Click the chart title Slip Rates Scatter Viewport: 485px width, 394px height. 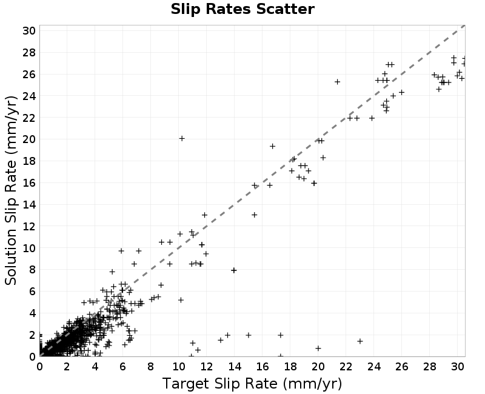pyautogui.click(x=242, y=9)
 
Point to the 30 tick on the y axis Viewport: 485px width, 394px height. pyautogui.click(x=28, y=31)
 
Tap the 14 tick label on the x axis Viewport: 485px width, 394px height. pyautogui.click(x=235, y=367)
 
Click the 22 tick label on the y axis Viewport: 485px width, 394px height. pyautogui.click(x=28, y=118)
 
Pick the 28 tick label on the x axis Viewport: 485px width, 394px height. pyautogui.click(x=430, y=367)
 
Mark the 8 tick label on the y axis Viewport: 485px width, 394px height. pyautogui.click(x=32, y=270)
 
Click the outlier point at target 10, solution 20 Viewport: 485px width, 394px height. pyautogui.click(x=182, y=139)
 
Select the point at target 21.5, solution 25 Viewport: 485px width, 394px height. pyautogui.click(x=338, y=82)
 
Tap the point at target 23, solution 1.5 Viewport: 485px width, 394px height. pyautogui.click(x=360, y=341)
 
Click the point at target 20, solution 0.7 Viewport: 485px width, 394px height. pyautogui.click(x=318, y=348)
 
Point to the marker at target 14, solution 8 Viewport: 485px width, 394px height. pyautogui.click(x=234, y=270)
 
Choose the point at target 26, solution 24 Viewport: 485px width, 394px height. pyautogui.click(x=401, y=93)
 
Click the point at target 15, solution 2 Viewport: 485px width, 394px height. pyautogui.click(x=249, y=335)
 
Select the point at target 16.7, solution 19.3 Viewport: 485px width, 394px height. pyautogui.click(x=272, y=146)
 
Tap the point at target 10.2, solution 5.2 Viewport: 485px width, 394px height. pyautogui.click(x=181, y=299)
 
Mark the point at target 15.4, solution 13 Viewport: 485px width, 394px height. pyautogui.click(x=254, y=215)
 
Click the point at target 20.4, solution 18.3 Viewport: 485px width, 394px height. pyautogui.click(x=323, y=158)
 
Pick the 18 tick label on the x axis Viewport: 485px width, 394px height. pyautogui.click(x=290, y=367)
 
